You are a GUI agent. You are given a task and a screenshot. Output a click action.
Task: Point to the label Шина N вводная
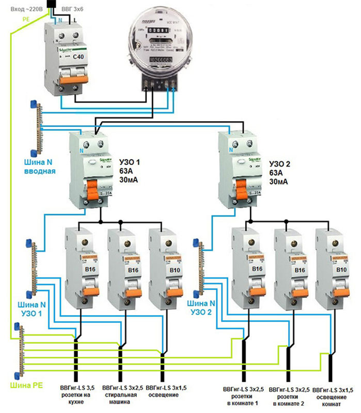(40, 166)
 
